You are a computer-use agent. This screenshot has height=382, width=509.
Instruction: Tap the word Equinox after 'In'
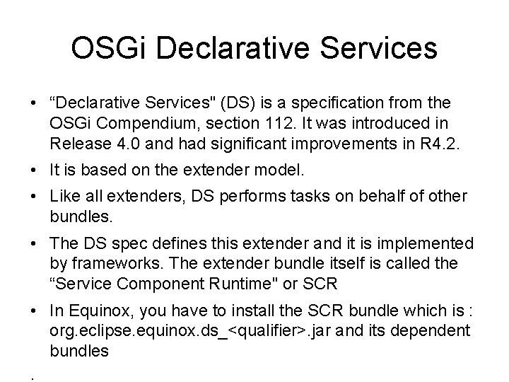[88, 311]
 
